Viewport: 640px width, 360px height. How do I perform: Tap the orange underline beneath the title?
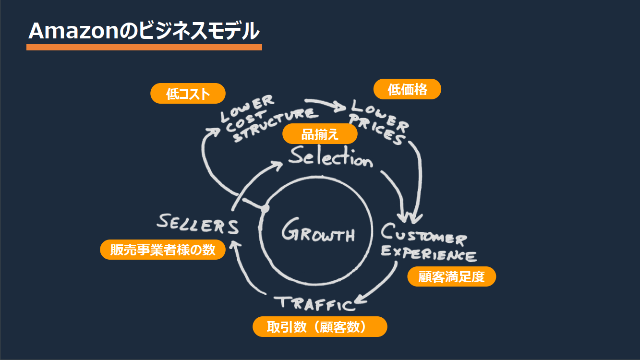coord(144,47)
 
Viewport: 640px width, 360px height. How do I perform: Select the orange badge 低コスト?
coord(188,94)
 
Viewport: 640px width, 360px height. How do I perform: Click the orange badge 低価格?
coord(407,89)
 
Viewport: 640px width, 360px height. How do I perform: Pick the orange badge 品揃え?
coord(320,134)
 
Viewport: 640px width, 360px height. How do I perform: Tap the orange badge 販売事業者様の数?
coord(163,250)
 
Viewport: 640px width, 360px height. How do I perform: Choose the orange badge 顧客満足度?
coord(451,276)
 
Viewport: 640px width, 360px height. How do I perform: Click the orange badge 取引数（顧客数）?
coord(320,326)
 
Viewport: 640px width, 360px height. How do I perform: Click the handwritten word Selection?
coord(330,158)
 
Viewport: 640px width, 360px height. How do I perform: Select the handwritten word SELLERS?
coord(198,223)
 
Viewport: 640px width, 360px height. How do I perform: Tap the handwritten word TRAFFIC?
coord(314,303)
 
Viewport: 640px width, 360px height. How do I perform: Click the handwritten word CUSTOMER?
coord(423,235)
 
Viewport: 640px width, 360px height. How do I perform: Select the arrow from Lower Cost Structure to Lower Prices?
coord(326,103)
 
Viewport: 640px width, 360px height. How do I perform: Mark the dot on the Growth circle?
coord(264,209)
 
